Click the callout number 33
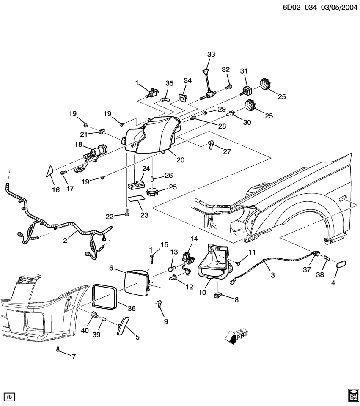point(211,54)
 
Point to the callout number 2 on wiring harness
point(65,241)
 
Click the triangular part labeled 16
point(49,171)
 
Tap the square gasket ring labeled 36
point(104,296)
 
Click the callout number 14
point(193,239)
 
